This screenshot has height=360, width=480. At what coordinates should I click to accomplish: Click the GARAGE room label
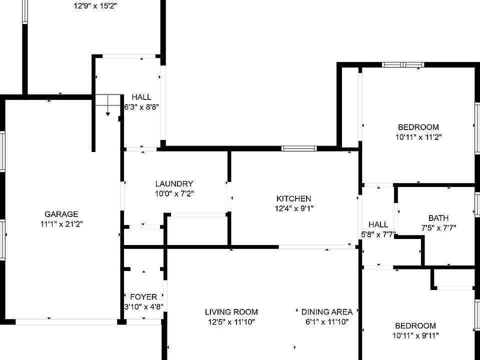pos(61,214)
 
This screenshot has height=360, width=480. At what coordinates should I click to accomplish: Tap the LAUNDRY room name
pos(173,183)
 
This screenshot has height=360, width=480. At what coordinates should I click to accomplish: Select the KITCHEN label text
pos(293,198)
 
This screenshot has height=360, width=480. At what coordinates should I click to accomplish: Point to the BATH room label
pos(438,218)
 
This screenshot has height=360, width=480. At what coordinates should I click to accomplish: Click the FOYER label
pos(143,296)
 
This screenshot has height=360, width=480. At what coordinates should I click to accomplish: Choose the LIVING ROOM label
pos(231,312)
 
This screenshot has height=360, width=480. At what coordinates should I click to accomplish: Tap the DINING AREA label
pos(327,312)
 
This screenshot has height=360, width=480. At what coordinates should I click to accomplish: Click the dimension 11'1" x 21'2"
pos(61,224)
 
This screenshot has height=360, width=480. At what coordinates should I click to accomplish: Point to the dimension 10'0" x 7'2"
pos(173,193)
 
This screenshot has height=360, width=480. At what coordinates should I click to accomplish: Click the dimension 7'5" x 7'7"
pos(438,227)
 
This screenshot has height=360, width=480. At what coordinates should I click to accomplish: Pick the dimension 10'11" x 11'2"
pos(418,136)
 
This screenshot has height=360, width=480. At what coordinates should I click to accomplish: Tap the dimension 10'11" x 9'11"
pos(415,335)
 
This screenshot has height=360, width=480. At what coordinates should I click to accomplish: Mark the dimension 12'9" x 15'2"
pos(95,6)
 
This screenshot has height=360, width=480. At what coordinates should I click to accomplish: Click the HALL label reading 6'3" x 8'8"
pos(141,97)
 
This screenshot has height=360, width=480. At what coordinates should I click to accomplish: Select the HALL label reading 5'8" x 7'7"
pos(378,224)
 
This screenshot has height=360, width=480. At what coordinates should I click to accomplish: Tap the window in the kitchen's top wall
pos(298,148)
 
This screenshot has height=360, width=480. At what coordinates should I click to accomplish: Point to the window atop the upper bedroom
pos(403,64)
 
